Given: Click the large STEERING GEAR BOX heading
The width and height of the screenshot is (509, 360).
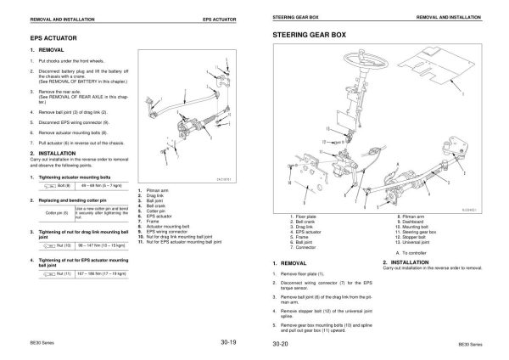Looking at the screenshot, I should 309,35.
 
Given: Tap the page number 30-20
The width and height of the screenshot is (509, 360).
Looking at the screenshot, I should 280,343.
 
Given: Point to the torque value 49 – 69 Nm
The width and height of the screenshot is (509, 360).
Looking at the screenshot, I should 99,184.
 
